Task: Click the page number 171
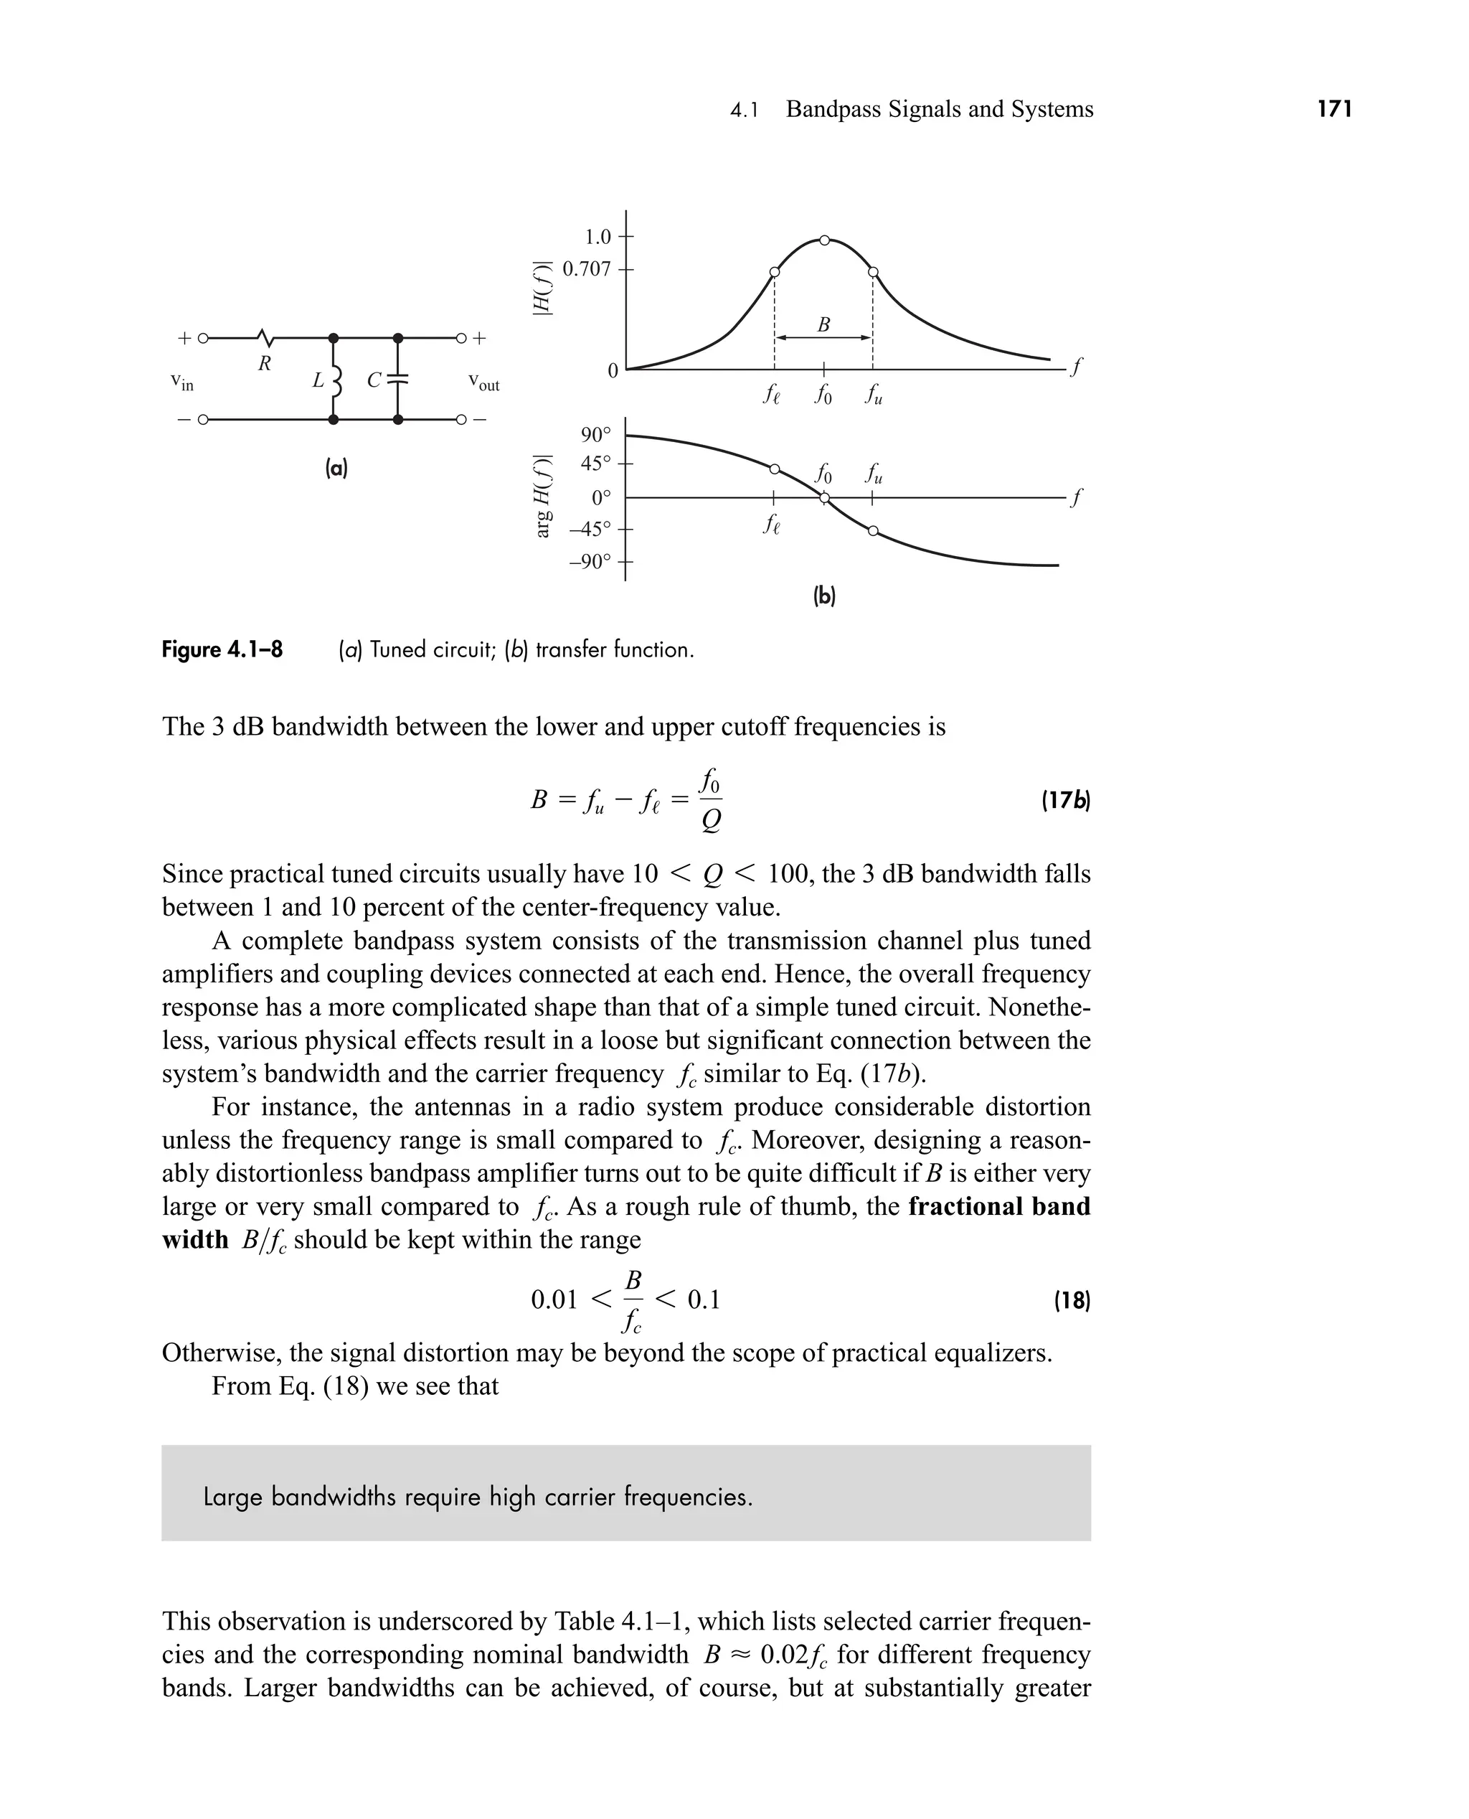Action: [x=1334, y=109]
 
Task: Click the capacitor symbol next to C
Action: [x=397, y=380]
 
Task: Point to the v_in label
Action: [x=182, y=382]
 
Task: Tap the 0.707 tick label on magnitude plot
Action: [x=587, y=269]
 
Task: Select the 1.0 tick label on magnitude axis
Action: [x=597, y=236]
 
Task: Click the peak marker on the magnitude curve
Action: [x=824, y=240]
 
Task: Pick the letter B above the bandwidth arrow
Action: [x=823, y=324]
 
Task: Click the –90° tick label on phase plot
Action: [x=590, y=562]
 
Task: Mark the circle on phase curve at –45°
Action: [x=873, y=532]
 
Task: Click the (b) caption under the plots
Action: [x=823, y=596]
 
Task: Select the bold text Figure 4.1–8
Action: [x=222, y=650]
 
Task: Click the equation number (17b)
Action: [x=1065, y=800]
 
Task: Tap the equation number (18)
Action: [x=1072, y=1300]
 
